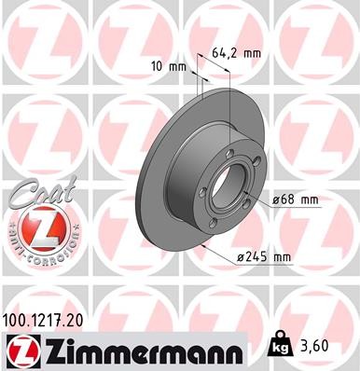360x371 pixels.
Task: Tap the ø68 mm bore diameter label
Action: point(298,199)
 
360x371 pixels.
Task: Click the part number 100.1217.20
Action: point(51,320)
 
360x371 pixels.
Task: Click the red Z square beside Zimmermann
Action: point(19,350)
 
